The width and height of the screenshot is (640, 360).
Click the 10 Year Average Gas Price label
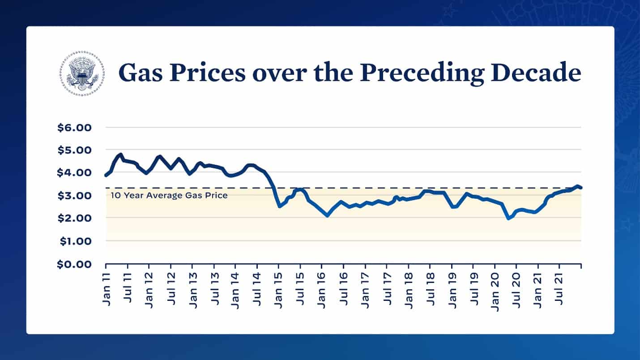coord(169,195)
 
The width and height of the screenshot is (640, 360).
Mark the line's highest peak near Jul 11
coord(120,154)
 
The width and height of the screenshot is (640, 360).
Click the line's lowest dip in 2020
coord(508,218)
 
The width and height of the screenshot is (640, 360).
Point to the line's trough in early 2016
coord(328,215)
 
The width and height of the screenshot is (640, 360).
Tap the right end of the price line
coord(580,188)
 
